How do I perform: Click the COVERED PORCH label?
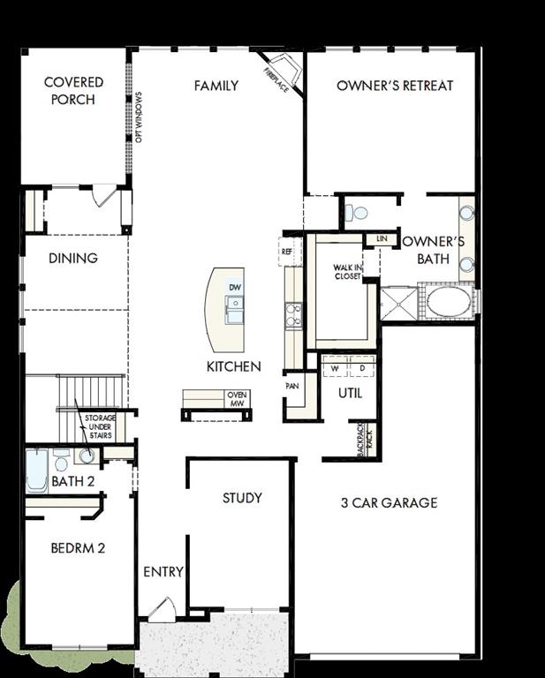tap(74, 91)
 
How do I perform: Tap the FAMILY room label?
tap(216, 86)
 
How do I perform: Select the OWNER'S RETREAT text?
tap(395, 86)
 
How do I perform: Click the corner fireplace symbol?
tap(284, 71)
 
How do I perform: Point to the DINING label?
tap(73, 259)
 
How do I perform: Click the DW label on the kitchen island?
tap(235, 288)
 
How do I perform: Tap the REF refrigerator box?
tap(286, 252)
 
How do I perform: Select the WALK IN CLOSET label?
tap(347, 272)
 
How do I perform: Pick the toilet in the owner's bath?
tap(358, 213)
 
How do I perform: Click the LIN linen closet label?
tap(382, 239)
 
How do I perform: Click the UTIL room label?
tap(351, 394)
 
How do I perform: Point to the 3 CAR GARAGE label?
tap(390, 503)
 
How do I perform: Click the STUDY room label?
tap(241, 498)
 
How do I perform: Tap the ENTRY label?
tap(163, 572)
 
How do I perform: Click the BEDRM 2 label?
tap(78, 548)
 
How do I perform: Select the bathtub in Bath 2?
tap(36, 470)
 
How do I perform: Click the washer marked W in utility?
tap(336, 367)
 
